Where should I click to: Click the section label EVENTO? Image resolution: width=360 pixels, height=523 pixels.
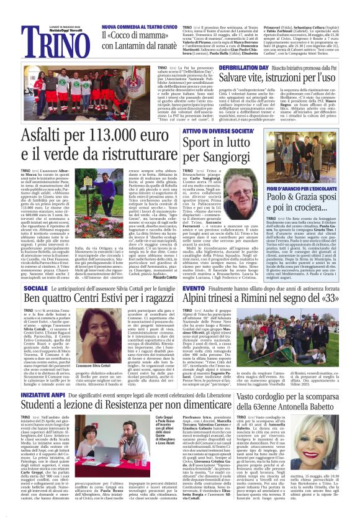(192, 289)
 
